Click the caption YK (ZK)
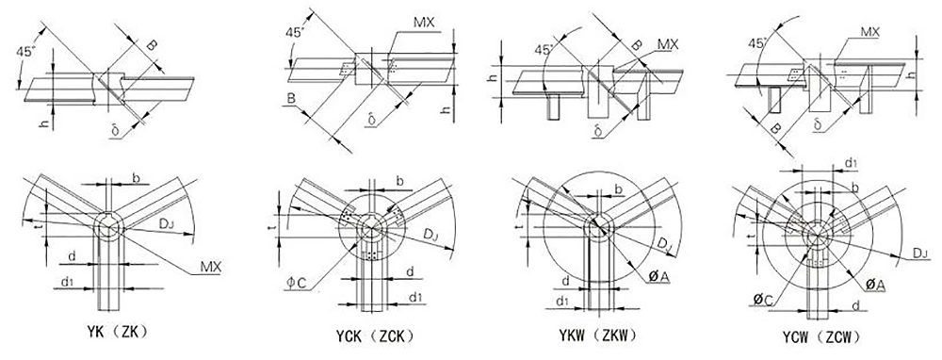point(117,332)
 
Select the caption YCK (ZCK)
point(375,335)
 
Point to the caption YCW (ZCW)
point(820,335)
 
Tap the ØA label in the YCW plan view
point(875,285)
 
